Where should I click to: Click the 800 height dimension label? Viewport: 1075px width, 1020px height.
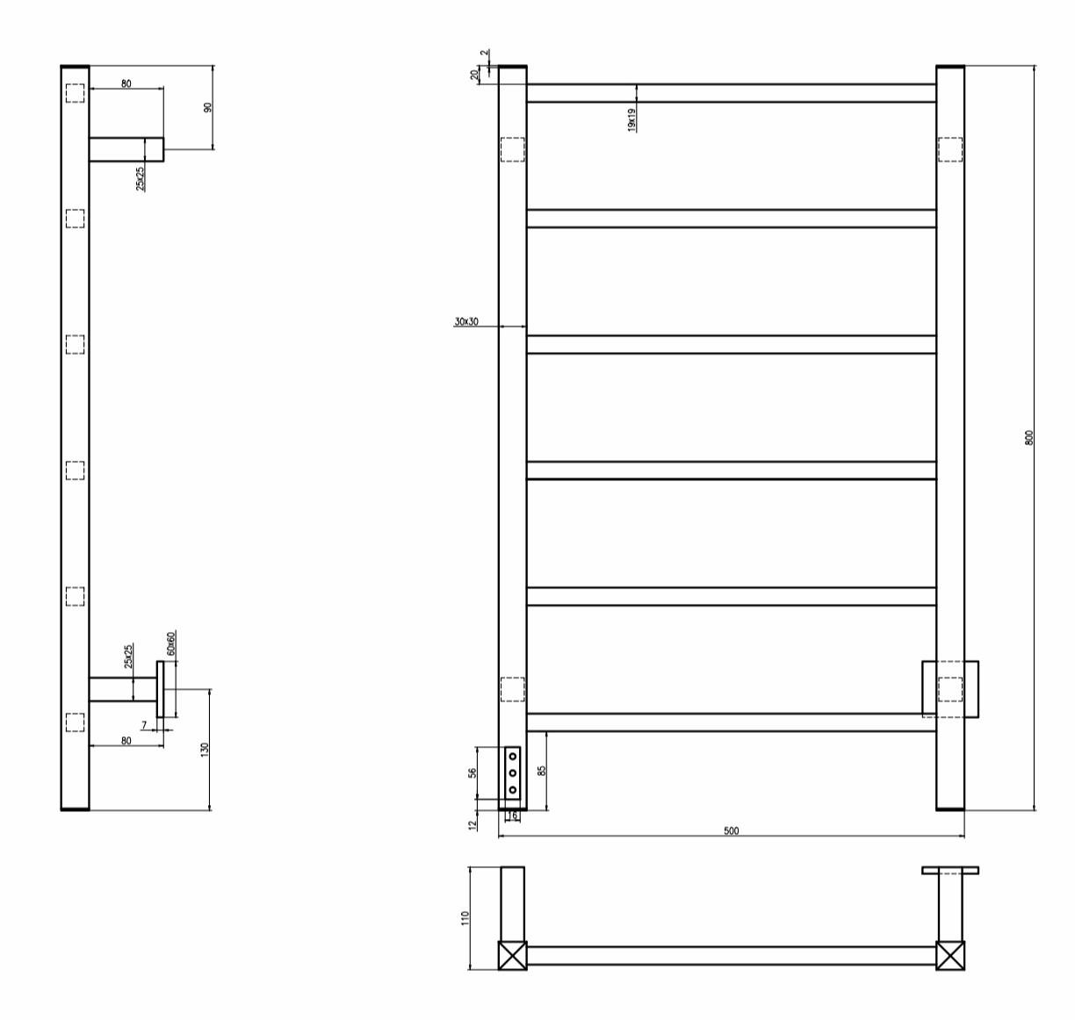pos(1029,437)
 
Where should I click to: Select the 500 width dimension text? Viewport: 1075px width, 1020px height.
pos(731,831)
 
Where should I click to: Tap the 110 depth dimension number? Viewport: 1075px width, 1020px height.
pos(465,918)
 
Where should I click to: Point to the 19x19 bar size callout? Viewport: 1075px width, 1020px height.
pos(631,119)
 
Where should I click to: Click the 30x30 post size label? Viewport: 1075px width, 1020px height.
pos(465,321)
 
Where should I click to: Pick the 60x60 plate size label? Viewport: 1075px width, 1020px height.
pos(171,643)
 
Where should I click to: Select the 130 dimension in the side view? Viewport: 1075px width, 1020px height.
pos(205,750)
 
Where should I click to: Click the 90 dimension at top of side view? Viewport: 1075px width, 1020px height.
pos(207,107)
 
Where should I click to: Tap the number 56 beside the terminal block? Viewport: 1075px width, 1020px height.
pos(473,772)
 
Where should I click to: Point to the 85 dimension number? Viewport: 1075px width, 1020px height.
pos(542,771)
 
